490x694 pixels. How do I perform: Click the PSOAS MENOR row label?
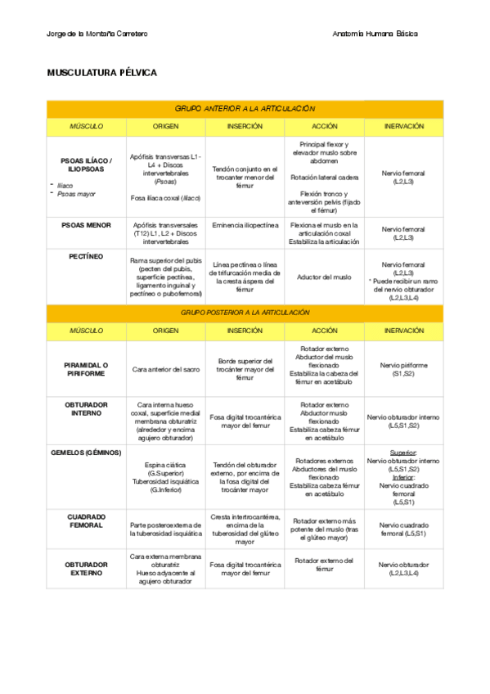click(x=86, y=224)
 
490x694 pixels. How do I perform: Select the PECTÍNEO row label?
click(x=86, y=256)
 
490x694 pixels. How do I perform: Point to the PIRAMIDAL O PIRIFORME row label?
click(x=86, y=368)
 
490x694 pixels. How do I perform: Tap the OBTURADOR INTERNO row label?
click(x=86, y=409)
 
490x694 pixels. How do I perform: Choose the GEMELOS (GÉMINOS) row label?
click(x=86, y=452)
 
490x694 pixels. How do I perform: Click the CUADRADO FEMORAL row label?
click(x=86, y=520)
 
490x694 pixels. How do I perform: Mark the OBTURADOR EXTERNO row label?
click(x=86, y=569)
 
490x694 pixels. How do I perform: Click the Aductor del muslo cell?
click(x=324, y=277)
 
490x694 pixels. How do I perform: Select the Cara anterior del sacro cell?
click(x=165, y=369)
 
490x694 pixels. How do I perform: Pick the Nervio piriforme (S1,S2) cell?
click(x=402, y=369)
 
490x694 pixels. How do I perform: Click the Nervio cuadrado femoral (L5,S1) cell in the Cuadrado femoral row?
click(x=402, y=529)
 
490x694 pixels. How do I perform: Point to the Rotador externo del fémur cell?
click(x=324, y=565)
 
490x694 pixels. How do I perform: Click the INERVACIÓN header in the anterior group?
click(x=402, y=127)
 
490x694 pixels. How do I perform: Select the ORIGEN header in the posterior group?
click(x=165, y=331)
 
